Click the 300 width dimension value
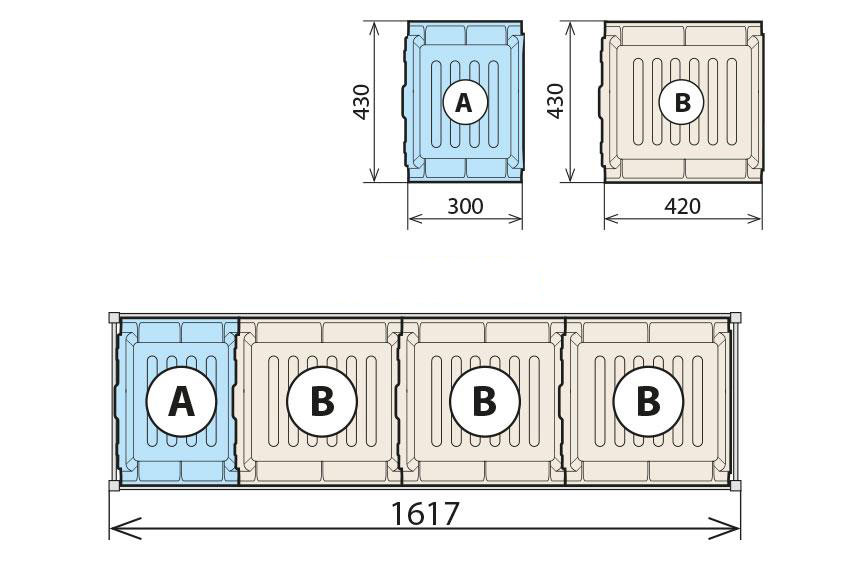click(x=465, y=206)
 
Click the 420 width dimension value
click(x=682, y=206)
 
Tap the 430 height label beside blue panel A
click(x=361, y=101)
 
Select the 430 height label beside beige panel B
click(x=555, y=100)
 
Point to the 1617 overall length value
click(x=425, y=513)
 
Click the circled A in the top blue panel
click(x=465, y=102)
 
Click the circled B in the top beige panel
click(x=681, y=102)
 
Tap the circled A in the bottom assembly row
click(x=181, y=402)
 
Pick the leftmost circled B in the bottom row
click(x=322, y=402)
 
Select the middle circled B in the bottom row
click(x=485, y=402)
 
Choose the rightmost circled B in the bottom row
click(x=648, y=402)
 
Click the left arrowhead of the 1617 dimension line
click(x=125, y=528)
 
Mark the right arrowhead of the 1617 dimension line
click(x=724, y=528)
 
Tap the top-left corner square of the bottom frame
click(x=114, y=318)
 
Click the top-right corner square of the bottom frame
click(x=735, y=318)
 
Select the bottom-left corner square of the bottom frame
click(x=114, y=485)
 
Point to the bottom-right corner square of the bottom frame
click(x=735, y=485)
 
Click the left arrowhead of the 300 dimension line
click(x=416, y=218)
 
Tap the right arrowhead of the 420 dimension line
click(x=754, y=218)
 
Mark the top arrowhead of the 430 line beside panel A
click(x=374, y=31)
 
